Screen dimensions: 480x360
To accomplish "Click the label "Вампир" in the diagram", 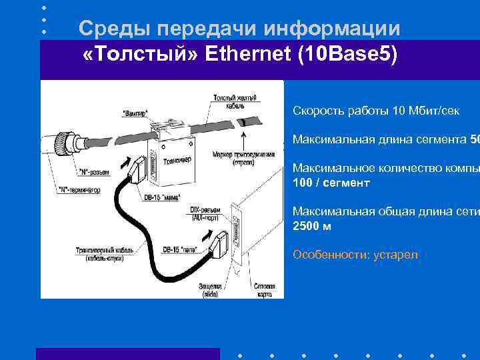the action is (136, 113).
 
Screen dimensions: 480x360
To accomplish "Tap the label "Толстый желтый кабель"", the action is (229, 102).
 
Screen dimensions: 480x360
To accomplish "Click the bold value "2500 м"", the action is (312, 227).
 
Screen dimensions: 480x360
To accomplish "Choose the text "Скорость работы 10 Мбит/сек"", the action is (375, 111).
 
